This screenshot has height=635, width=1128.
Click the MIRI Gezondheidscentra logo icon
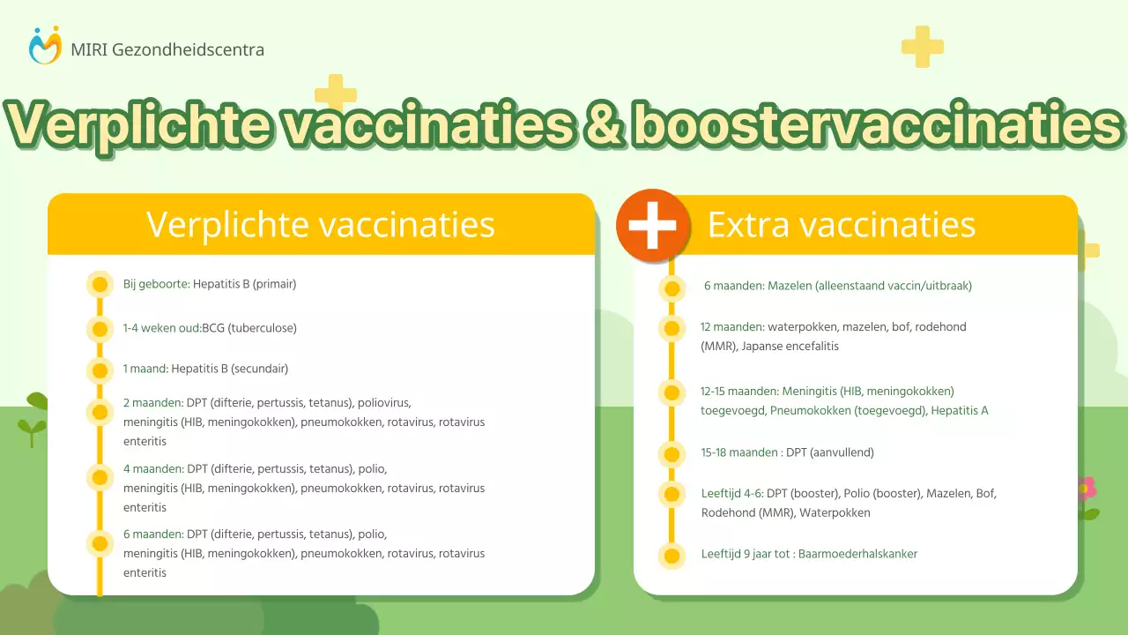click(x=45, y=45)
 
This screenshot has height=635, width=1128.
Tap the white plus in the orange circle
click(x=652, y=225)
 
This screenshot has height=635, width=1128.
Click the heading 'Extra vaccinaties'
click(x=841, y=225)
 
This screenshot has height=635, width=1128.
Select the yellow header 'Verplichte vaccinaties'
click(x=321, y=224)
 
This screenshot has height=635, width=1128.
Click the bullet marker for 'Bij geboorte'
click(x=100, y=284)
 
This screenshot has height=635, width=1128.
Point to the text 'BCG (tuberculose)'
click(x=249, y=328)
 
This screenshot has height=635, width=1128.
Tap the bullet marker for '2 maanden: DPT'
click(x=100, y=412)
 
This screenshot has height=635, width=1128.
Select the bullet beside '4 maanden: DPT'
click(x=100, y=478)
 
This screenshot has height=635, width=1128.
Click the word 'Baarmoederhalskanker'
click(x=857, y=554)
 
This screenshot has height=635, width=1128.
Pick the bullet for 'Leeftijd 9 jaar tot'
click(x=672, y=557)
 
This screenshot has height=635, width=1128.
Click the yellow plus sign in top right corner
click(x=922, y=47)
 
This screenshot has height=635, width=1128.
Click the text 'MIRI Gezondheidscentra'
click(x=167, y=49)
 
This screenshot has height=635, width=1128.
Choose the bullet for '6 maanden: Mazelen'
click(x=672, y=288)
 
